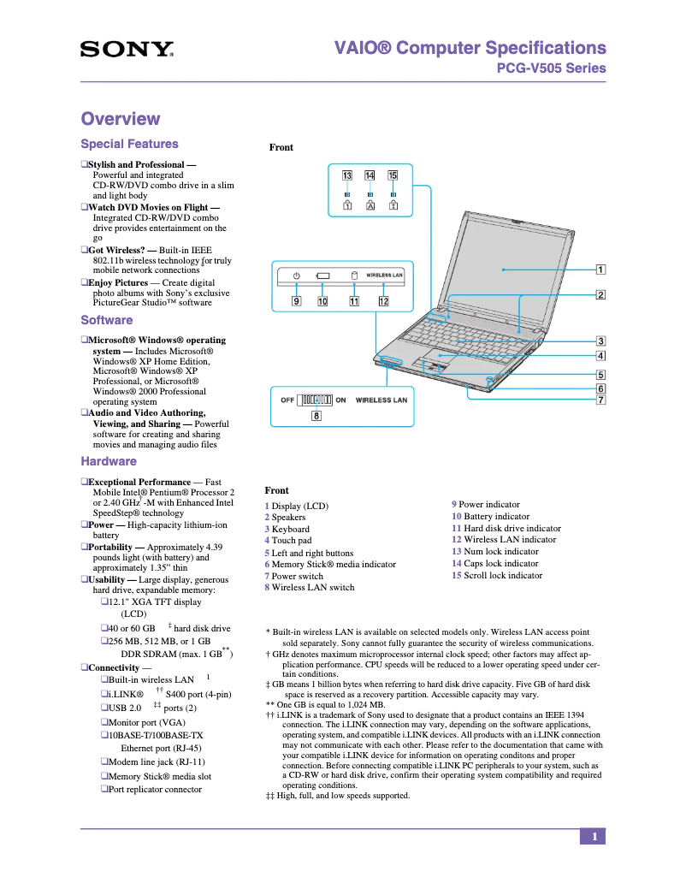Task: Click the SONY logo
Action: [x=127, y=50]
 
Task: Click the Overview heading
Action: [x=120, y=119]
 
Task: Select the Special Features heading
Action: [x=129, y=144]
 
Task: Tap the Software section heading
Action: [x=107, y=320]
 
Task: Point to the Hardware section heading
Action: [x=109, y=461]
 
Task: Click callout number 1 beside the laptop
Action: [x=600, y=270]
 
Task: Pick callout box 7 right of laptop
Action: [x=600, y=400]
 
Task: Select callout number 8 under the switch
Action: [x=316, y=417]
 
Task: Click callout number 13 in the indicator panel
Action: [x=347, y=175]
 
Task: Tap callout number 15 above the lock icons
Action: [x=393, y=175]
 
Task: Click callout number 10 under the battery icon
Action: [x=322, y=301]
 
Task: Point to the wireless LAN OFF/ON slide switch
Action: [x=316, y=400]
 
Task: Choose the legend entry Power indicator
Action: [x=488, y=505]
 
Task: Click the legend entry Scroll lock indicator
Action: [x=502, y=576]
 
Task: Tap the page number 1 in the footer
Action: [x=593, y=837]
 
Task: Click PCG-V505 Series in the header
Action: [x=551, y=68]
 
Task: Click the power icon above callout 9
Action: [x=295, y=276]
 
